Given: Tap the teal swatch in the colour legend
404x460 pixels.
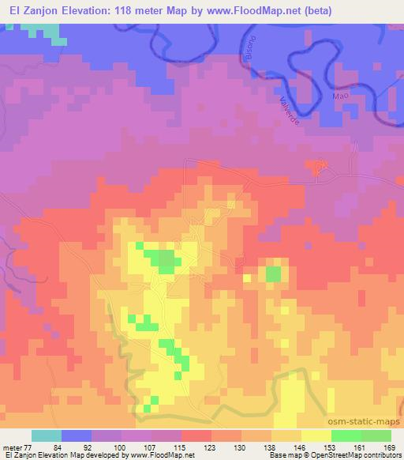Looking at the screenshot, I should coord(47,435).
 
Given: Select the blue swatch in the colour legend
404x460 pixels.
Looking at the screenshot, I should coord(77,435).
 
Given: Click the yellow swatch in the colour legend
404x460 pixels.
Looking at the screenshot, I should coord(316,435).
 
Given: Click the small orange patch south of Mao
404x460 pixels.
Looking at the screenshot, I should coord(316,165).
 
